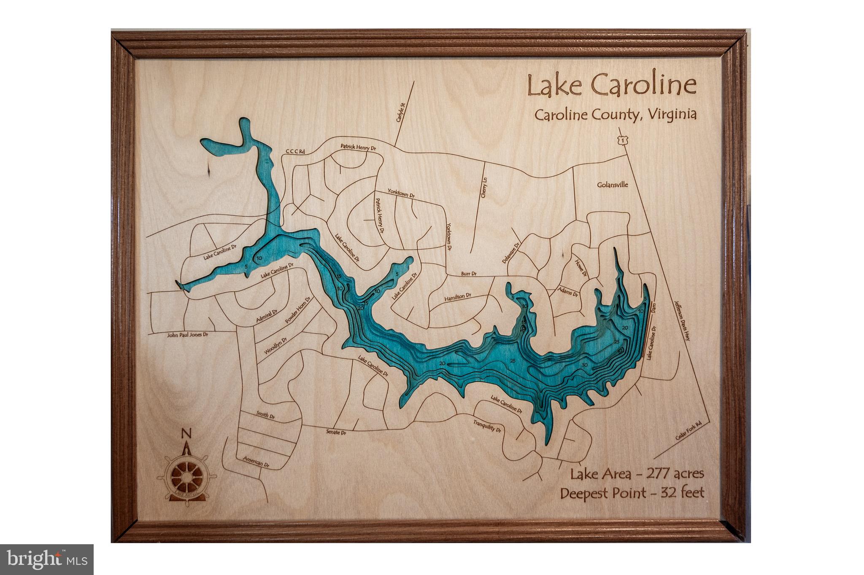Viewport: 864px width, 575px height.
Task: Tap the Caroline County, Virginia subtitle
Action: [x=616, y=115]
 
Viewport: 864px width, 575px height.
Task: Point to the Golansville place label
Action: [x=613, y=185]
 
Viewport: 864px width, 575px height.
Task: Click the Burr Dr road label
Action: [x=468, y=274]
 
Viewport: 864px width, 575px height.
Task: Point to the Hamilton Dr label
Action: [x=457, y=297]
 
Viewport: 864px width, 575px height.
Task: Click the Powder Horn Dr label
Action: [x=297, y=310]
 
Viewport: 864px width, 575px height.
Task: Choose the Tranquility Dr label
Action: [x=487, y=427]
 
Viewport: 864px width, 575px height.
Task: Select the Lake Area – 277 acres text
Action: [x=637, y=474]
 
